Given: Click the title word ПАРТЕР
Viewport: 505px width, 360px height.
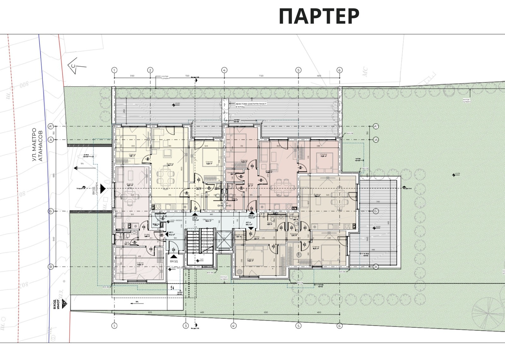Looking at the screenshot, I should [319, 16].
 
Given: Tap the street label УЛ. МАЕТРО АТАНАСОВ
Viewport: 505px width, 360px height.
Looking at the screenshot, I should [37, 145].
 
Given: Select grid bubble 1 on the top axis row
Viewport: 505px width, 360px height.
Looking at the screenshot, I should [114, 70].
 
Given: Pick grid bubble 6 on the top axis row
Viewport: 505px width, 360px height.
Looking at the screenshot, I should [340, 70].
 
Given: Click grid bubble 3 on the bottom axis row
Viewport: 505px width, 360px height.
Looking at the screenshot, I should [186, 326].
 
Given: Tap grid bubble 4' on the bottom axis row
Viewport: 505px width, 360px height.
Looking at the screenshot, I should [233, 326].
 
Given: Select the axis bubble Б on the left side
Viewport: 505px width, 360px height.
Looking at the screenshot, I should [50, 211].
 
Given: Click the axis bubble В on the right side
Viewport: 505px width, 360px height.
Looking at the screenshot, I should [376, 267].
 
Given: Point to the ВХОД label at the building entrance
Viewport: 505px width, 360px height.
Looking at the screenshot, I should [174, 261].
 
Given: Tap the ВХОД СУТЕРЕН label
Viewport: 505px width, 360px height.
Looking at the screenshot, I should [95, 189].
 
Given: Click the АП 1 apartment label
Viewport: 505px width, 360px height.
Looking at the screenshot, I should [171, 232].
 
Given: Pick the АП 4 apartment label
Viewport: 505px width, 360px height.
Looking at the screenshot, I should [248, 223].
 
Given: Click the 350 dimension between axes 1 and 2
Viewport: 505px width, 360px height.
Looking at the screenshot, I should [132, 76].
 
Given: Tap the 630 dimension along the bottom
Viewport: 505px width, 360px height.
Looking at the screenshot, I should [266, 312].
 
